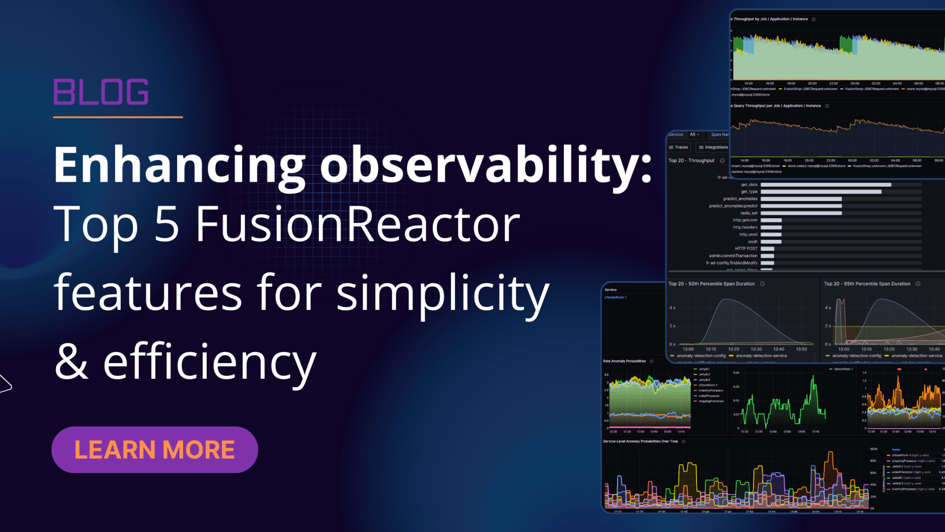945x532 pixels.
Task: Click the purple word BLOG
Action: point(101,92)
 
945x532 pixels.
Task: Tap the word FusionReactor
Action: point(358,224)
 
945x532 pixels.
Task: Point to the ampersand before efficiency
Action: point(72,362)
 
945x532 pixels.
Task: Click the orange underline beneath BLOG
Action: point(118,117)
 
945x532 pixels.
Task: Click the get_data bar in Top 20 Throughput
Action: point(825,185)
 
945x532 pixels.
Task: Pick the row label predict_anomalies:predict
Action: point(733,206)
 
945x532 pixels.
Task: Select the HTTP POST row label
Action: point(746,249)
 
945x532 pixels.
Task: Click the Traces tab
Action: point(679,147)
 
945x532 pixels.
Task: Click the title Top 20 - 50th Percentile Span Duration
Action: point(711,284)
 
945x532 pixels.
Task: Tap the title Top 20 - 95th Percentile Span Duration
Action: point(867,284)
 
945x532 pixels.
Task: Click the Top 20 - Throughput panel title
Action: point(691,161)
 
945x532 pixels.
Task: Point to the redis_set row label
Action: point(749,213)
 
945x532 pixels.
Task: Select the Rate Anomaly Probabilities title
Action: point(624,361)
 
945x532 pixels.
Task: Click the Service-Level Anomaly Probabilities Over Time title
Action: point(640,441)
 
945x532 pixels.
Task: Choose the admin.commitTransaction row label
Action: point(733,256)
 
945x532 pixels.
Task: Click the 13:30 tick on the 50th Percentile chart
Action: point(756,349)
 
